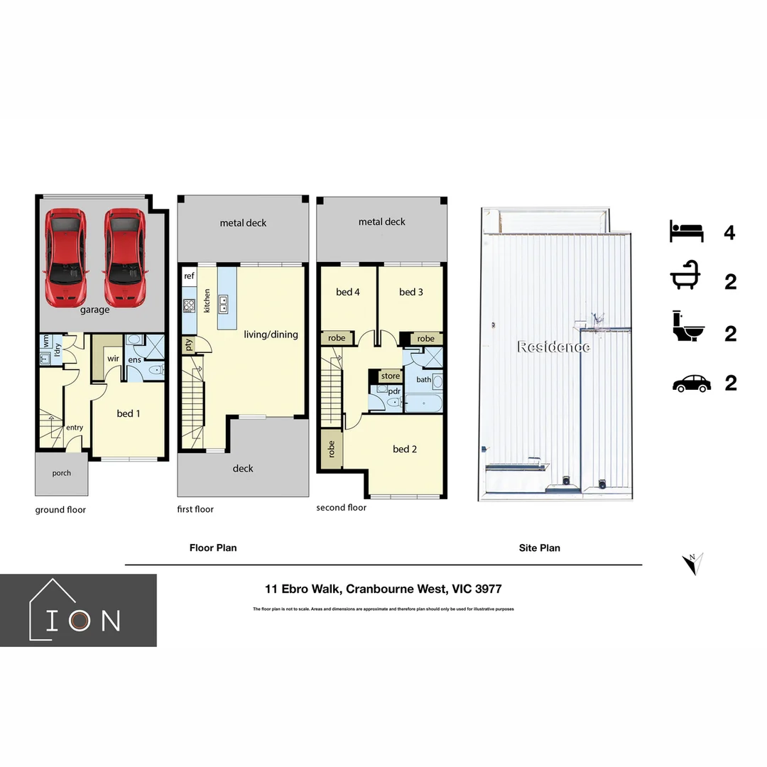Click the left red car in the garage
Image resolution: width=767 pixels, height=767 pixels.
point(65,256)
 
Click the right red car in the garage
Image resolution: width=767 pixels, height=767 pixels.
point(126,256)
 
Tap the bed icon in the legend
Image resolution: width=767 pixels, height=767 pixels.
point(686,232)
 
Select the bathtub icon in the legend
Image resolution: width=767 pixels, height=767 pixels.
point(687,281)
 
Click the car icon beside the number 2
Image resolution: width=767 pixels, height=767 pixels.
point(691,383)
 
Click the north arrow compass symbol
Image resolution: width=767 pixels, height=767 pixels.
point(692,563)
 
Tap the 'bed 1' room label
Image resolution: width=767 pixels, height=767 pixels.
point(126,413)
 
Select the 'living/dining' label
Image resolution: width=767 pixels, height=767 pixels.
point(271,334)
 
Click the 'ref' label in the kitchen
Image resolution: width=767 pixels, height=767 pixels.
point(189,276)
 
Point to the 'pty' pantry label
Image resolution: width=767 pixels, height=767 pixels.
point(189,345)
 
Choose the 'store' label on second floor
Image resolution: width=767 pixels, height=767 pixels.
point(391,376)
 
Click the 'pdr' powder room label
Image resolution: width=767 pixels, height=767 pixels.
point(394,391)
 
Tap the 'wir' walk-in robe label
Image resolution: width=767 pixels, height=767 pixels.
point(113,359)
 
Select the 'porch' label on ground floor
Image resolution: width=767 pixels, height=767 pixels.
point(62,473)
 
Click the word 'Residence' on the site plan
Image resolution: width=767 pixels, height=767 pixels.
point(553,347)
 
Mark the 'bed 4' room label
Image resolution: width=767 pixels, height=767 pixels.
point(347,292)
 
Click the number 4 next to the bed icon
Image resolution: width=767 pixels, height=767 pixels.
point(729,232)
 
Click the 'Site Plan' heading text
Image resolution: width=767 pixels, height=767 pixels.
point(539,548)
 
